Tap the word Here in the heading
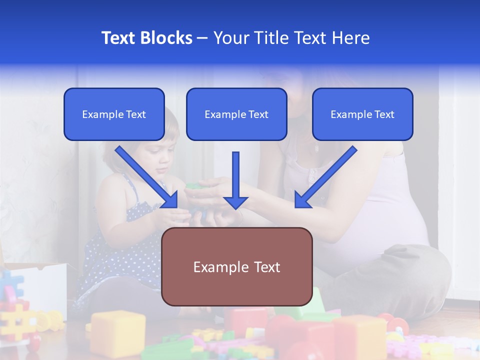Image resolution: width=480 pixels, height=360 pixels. [349, 38]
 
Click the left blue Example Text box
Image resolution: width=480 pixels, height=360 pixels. [114, 114]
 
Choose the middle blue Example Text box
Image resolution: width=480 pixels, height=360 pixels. [236, 114]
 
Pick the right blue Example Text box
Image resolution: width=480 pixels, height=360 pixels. [362, 114]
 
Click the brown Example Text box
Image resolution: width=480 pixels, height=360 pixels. [236, 266]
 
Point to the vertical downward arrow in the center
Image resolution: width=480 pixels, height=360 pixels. [235, 180]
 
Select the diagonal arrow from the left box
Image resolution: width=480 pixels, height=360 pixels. [146, 177]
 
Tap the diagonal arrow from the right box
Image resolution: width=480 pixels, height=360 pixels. [325, 177]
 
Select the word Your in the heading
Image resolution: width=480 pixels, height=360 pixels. [230, 38]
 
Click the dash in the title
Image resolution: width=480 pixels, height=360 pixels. [202, 38]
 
